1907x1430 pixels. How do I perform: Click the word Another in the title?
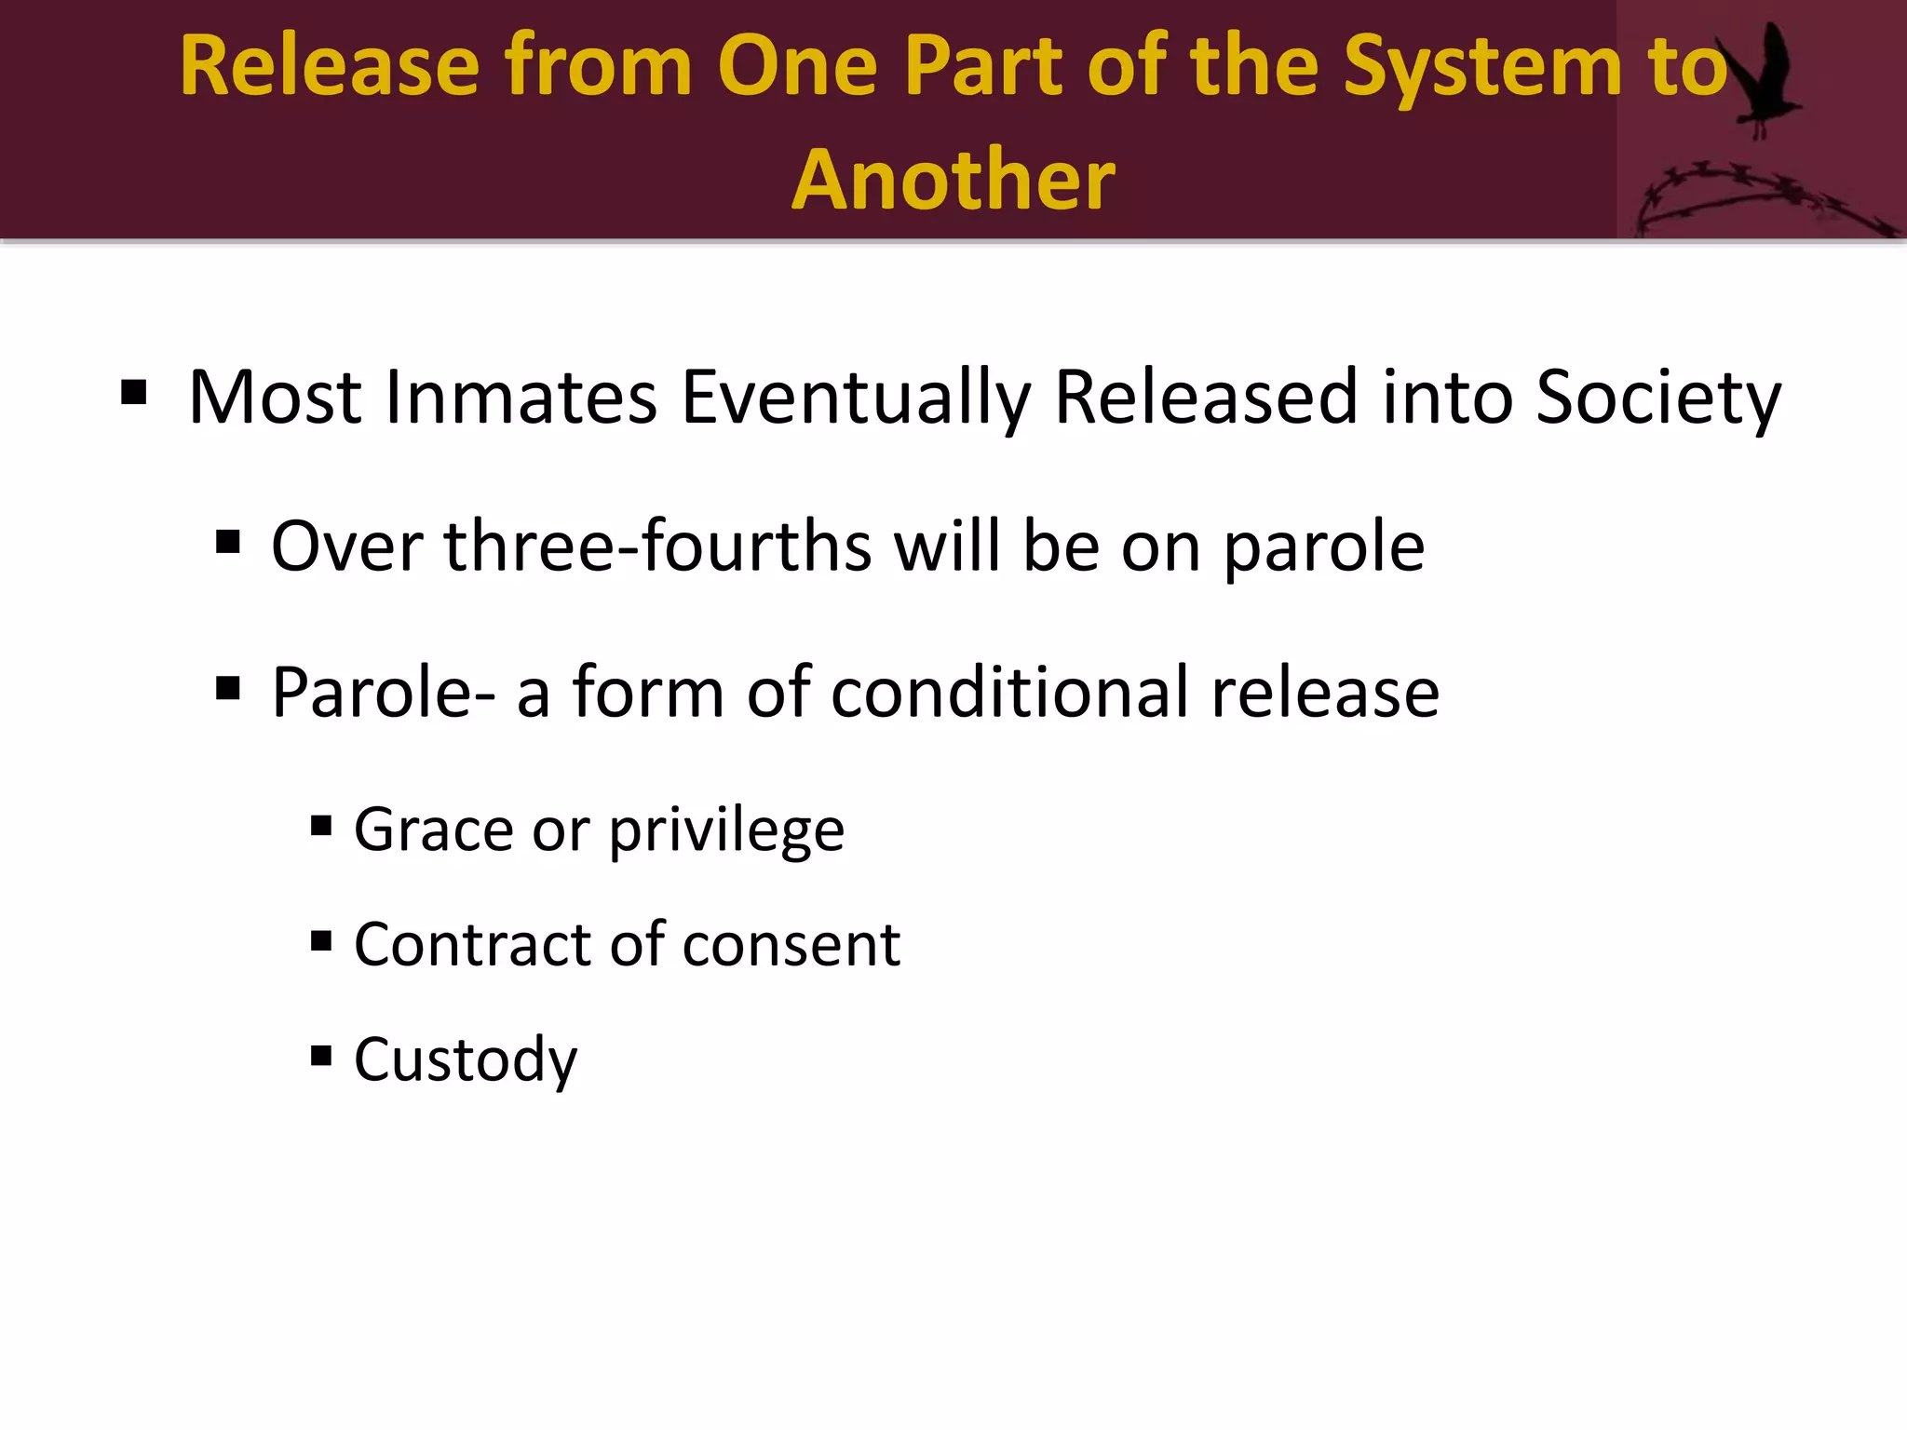coord(953,179)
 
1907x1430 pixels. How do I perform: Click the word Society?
coord(1657,399)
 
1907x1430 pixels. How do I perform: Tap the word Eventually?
coord(856,399)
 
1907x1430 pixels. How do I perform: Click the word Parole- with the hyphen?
coord(383,693)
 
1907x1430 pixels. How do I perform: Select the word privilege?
coord(726,830)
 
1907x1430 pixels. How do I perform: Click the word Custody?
coord(466,1061)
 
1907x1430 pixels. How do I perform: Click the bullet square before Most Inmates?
coord(134,393)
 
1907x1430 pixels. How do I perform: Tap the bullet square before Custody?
coord(321,1055)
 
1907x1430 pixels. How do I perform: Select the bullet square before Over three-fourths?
coord(228,541)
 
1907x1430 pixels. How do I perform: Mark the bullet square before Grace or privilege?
coord(321,825)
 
